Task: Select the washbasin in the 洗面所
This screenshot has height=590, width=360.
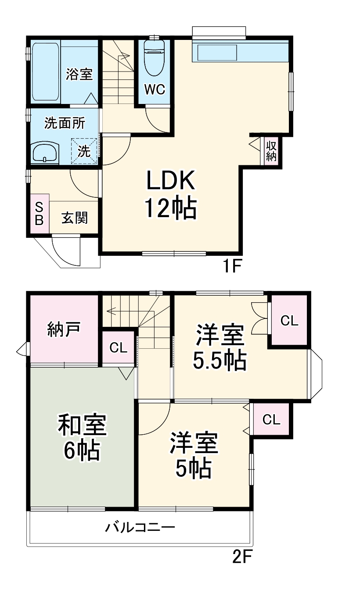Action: (45, 153)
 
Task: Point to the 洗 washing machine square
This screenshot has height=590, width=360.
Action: (84, 151)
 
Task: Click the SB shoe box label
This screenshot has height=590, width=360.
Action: (39, 213)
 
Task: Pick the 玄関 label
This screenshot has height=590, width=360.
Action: (74, 218)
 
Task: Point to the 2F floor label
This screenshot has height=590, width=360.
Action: (241, 557)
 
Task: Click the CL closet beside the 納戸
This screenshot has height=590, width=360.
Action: (118, 348)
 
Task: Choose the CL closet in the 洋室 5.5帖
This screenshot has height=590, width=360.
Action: (289, 321)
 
